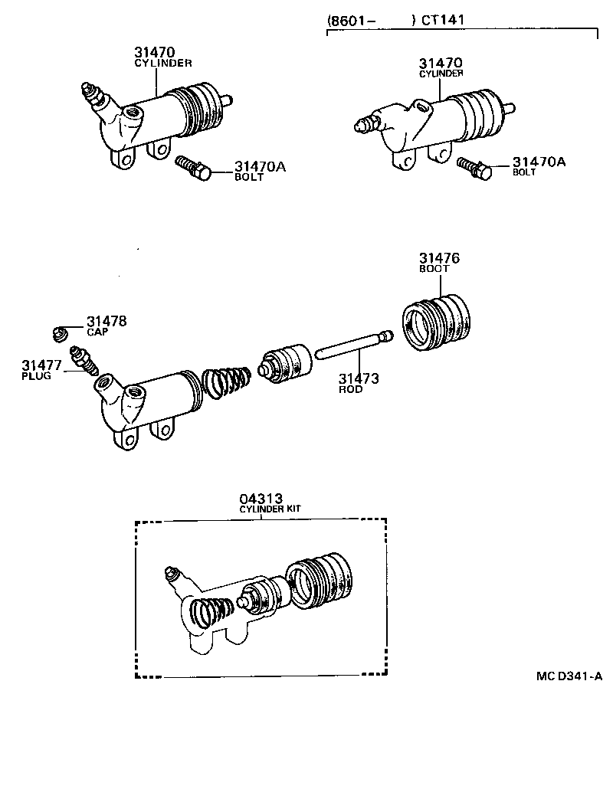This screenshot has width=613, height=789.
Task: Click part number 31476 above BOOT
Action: (439, 259)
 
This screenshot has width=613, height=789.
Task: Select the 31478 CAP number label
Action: (107, 321)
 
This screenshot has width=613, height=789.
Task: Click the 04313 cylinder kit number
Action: (260, 499)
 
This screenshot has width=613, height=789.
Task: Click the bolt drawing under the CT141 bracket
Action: (474, 167)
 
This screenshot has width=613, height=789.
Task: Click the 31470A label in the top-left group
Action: (260, 166)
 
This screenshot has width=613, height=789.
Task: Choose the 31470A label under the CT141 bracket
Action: (539, 162)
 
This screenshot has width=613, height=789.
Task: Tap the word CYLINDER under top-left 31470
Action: (163, 64)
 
